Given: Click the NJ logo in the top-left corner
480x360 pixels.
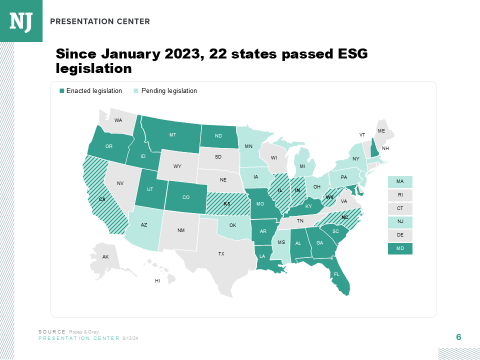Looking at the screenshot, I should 21,21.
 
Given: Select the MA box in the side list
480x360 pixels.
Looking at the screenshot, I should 400,181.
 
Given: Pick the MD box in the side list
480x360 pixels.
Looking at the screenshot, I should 400,248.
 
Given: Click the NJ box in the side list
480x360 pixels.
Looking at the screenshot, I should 400,222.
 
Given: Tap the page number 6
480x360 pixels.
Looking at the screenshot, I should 458,337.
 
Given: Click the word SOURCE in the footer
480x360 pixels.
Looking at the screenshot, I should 52,332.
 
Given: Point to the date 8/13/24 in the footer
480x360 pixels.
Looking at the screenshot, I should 130,338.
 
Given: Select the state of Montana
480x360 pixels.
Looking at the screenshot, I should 172,135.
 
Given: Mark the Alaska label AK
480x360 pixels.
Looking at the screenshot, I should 105,257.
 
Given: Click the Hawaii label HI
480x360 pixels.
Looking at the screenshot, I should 157,281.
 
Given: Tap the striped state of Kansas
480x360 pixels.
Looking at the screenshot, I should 226,204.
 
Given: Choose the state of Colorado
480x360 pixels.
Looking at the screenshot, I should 186,197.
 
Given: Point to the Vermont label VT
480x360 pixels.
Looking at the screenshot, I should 362,135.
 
